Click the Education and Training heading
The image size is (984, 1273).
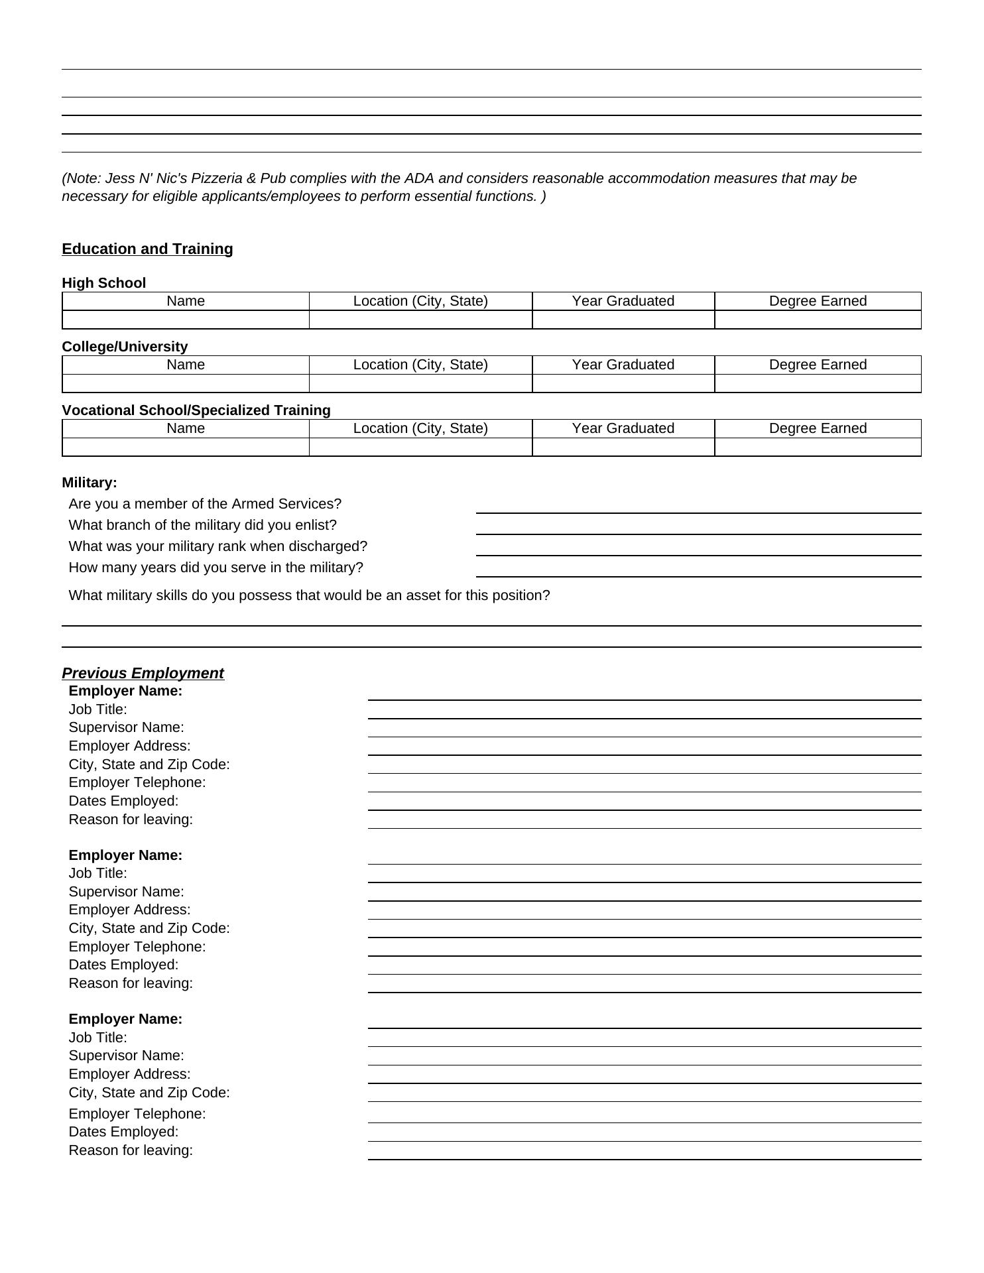tap(147, 249)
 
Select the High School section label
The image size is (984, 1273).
tap(103, 283)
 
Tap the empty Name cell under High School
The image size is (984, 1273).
tap(186, 320)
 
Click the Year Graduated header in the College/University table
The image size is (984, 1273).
tap(623, 365)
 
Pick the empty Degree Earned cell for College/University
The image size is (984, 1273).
tap(818, 384)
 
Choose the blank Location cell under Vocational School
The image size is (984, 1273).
tap(420, 448)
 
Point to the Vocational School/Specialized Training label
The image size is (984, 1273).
tap(196, 410)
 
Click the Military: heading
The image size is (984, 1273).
tap(89, 483)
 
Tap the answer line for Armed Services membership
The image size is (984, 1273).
tap(698, 505)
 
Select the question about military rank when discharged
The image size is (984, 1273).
tap(217, 546)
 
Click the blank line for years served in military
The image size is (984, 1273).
tap(698, 569)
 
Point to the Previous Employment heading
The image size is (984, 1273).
tap(143, 674)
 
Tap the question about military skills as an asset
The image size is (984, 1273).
tap(309, 595)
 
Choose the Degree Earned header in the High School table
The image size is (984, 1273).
tap(818, 301)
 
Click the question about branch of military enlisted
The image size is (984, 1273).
tap(202, 525)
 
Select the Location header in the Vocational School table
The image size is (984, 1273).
tap(420, 428)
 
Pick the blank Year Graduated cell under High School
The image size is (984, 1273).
tap(623, 320)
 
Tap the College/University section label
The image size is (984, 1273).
tap(125, 347)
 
